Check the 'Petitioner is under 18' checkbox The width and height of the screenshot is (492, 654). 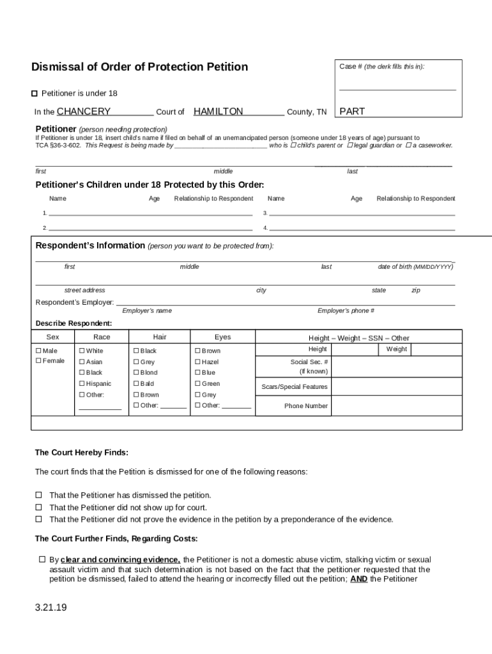pyautogui.click(x=35, y=93)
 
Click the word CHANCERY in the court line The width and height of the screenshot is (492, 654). pyautogui.click(x=84, y=112)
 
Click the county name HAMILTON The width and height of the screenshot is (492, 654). pyautogui.click(x=218, y=112)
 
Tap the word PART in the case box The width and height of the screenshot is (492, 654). pyautogui.click(x=352, y=112)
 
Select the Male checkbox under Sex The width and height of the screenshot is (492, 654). pyautogui.click(x=38, y=351)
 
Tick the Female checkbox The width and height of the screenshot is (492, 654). pyautogui.click(x=38, y=361)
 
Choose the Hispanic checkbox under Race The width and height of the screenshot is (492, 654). pyautogui.click(x=82, y=384)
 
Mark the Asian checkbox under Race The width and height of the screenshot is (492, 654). pyautogui.click(x=82, y=362)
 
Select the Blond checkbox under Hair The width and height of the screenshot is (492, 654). pyautogui.click(x=136, y=373)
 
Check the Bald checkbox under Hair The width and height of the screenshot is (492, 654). pyautogui.click(x=136, y=384)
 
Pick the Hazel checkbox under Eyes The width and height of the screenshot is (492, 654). pyautogui.click(x=197, y=362)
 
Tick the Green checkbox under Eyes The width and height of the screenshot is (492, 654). pyautogui.click(x=197, y=384)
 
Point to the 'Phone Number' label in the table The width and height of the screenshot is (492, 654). pyautogui.click(x=306, y=406)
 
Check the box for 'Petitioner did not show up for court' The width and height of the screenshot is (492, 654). pyautogui.click(x=38, y=507)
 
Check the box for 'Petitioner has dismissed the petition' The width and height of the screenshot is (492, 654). pyautogui.click(x=38, y=495)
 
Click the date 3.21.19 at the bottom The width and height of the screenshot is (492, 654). pyautogui.click(x=51, y=607)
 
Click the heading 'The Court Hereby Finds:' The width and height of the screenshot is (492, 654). pyautogui.click(x=81, y=453)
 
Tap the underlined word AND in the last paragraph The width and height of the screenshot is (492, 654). pyautogui.click(x=358, y=579)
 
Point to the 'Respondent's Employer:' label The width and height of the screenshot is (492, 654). pyautogui.click(x=75, y=302)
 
